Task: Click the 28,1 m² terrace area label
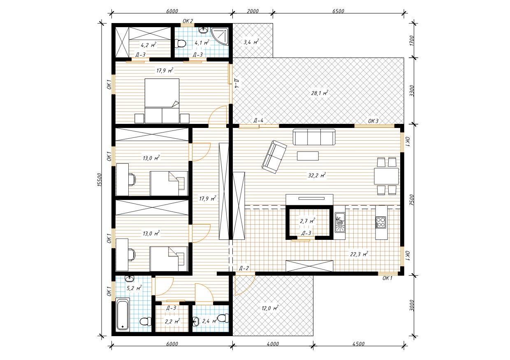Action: [320, 93]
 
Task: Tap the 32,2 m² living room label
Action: [317, 175]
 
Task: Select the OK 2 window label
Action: [188, 21]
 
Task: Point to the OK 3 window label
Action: [373, 121]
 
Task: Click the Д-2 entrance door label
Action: [244, 269]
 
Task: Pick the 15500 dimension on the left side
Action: [99, 180]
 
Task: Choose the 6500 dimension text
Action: [338, 11]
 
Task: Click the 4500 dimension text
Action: [359, 344]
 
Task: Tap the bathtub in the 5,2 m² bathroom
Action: [123, 315]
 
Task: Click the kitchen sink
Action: [340, 222]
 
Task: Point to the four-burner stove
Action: [381, 223]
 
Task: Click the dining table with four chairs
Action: [386, 176]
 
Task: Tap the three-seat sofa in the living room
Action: [314, 137]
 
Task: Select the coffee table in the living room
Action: [308, 156]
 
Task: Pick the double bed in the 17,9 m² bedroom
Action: [162, 101]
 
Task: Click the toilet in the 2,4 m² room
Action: [223, 318]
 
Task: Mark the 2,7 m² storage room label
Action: [307, 221]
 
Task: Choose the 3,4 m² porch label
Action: [251, 42]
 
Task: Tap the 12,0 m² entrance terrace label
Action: [270, 308]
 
